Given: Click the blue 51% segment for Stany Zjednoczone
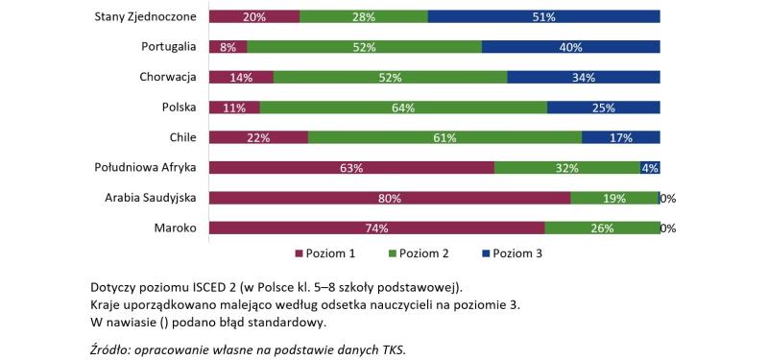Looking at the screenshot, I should click(543, 16).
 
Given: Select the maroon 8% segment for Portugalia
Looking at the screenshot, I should click(228, 46).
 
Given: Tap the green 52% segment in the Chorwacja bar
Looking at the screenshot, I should click(390, 77).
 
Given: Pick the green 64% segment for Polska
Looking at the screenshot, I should click(402, 108).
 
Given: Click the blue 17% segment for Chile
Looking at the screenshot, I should click(620, 137).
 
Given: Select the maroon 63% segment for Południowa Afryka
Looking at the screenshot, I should click(350, 168).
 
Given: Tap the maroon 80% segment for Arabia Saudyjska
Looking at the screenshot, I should click(389, 199).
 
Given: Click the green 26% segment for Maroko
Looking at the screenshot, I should click(602, 228).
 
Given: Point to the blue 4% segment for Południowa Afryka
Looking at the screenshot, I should click(650, 168).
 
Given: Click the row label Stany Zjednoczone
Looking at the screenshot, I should click(146, 16).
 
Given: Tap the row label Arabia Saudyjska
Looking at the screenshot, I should click(151, 199).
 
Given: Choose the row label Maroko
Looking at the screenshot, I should click(175, 228).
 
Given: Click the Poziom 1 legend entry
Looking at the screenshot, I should click(325, 253).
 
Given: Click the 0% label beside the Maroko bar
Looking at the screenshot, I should click(668, 229).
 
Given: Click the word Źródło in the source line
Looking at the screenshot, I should click(112, 348).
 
